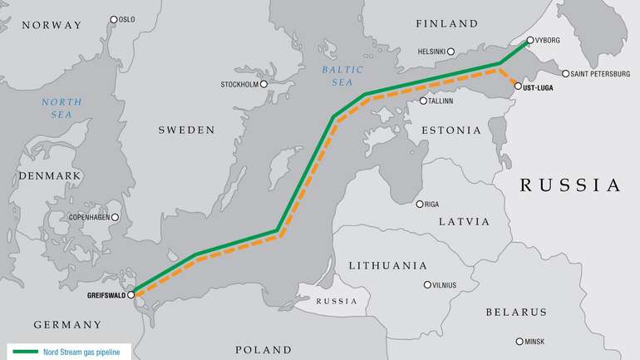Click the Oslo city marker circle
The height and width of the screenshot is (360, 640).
click(x=114, y=18)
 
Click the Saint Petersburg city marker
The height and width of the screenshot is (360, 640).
click(x=565, y=74)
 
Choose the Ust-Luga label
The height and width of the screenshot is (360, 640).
click(x=539, y=86)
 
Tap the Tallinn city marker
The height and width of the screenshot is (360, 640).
click(x=423, y=101)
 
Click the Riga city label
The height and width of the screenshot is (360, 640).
click(x=432, y=205)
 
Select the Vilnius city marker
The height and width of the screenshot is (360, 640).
click(x=427, y=284)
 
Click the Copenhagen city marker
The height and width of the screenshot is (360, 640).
click(x=115, y=217)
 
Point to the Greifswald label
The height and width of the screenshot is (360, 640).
click(x=106, y=294)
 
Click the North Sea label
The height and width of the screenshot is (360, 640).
click(x=62, y=109)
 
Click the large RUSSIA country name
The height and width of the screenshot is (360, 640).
click(x=570, y=185)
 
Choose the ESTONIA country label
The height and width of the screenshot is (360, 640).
click(x=451, y=131)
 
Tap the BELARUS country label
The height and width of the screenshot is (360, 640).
click(x=516, y=312)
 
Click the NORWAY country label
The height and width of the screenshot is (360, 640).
click(x=52, y=25)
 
